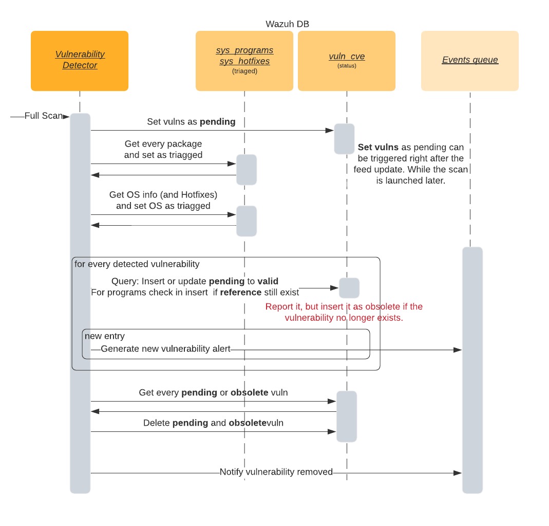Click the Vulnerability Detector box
(x=80, y=61)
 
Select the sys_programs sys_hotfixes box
(x=244, y=61)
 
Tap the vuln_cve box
(x=346, y=61)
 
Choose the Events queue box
(x=469, y=60)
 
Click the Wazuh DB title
(x=287, y=24)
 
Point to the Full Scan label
(x=43, y=116)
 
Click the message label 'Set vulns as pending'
(x=191, y=122)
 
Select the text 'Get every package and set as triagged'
(x=163, y=149)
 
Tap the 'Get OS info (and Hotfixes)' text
(x=163, y=195)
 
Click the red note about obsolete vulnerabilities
(x=344, y=312)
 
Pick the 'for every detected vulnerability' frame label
(x=137, y=264)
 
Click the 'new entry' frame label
(x=105, y=336)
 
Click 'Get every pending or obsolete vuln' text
(x=213, y=393)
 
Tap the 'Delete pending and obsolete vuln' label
(x=213, y=423)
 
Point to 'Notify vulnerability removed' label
(x=276, y=472)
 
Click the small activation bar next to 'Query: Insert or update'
(x=349, y=288)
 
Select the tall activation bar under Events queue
(x=472, y=370)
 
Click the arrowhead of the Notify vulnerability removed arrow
(x=458, y=473)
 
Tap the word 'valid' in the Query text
(x=268, y=282)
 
